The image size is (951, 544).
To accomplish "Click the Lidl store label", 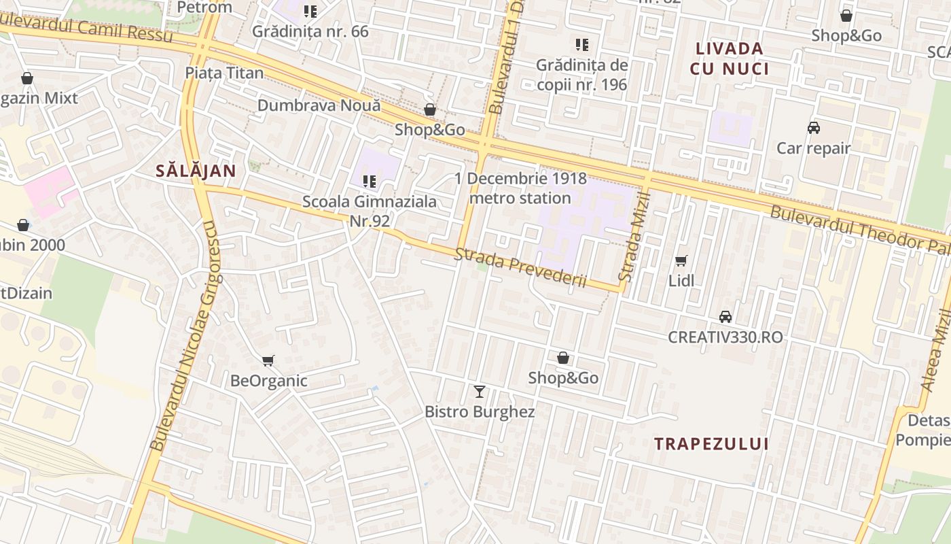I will tap(681, 280).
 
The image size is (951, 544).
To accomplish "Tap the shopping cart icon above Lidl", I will tap(681, 260).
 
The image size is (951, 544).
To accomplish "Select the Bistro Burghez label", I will tap(480, 411).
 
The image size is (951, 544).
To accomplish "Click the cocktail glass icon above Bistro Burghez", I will tap(480, 391).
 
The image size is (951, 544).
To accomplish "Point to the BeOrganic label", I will tap(269, 381).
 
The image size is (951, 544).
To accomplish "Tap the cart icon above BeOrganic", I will tap(268, 360).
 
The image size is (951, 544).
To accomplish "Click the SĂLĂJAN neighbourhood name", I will tap(196, 171).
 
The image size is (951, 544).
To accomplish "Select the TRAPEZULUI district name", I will tap(711, 444).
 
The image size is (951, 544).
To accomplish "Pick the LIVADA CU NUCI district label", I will tap(730, 58).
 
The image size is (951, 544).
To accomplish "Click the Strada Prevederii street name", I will tap(520, 267).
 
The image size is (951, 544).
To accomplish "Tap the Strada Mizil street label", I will tap(635, 236).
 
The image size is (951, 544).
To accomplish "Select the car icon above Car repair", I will tap(813, 128).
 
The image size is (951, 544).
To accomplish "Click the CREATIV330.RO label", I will tap(725, 337).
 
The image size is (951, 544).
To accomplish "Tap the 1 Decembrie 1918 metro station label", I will tap(520, 188).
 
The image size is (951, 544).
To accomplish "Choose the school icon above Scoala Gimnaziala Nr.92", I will tap(370, 182).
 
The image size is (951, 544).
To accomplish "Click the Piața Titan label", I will tap(224, 73).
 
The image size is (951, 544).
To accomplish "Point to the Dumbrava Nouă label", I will tap(319, 105).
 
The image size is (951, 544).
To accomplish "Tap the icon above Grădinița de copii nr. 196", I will tap(581, 45).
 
